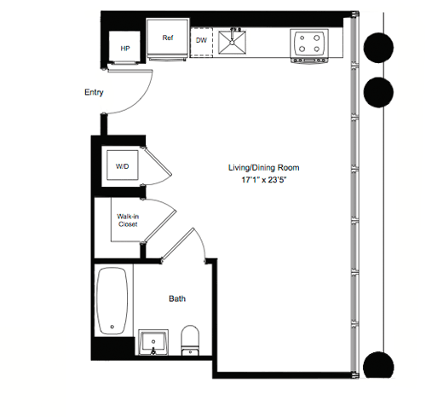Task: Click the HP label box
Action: [x=124, y=48]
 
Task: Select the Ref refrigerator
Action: [x=168, y=40]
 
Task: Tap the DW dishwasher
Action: [x=201, y=40]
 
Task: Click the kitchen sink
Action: [x=231, y=41]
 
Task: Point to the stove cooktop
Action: [x=309, y=43]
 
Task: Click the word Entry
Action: [x=94, y=92]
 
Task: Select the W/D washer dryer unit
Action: [x=124, y=167]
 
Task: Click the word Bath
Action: [x=177, y=298]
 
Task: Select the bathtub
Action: [x=113, y=304]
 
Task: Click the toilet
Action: [x=191, y=339]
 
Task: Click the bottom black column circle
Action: [x=377, y=365]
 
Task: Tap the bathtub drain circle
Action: [x=113, y=327]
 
